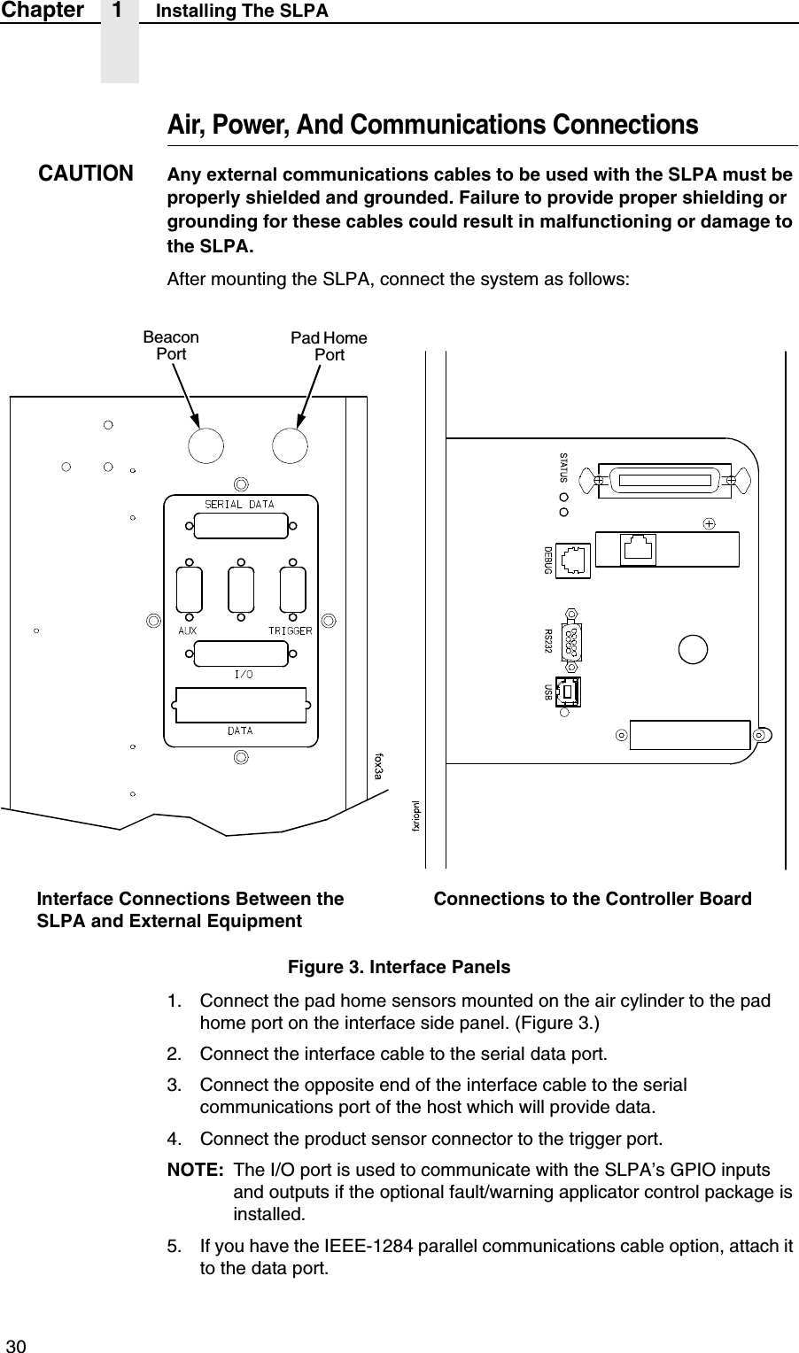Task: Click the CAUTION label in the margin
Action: coord(86,172)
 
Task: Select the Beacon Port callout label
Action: coord(171,345)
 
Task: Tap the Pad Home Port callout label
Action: coord(330,346)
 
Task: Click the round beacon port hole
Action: coord(205,445)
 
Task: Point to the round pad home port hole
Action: coord(290,445)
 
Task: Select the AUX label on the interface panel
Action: coord(187,631)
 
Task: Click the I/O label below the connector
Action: coord(243,675)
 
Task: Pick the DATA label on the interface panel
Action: coord(240,731)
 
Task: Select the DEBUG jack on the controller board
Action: coord(575,559)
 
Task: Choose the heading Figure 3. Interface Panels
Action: coord(399,967)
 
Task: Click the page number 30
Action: coord(17,1346)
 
